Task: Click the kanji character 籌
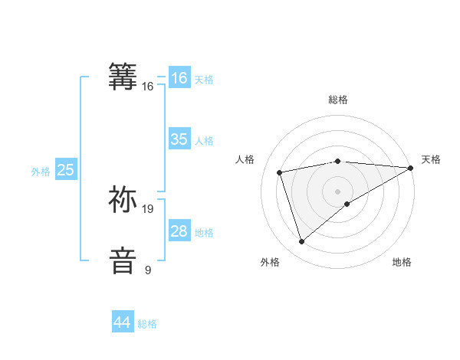tap(123, 77)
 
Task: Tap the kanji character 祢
tap(123, 199)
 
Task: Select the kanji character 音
tap(123, 260)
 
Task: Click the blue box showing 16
tap(179, 78)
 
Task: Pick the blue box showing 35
tap(179, 139)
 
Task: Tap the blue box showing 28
tap(179, 231)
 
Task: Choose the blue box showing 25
tap(65, 170)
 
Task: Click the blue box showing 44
tap(122, 322)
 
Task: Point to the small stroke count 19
tap(149, 209)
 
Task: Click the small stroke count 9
tap(148, 270)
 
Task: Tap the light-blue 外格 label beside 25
tap(41, 172)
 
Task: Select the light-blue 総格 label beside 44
tap(147, 324)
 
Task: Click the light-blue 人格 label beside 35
tap(204, 140)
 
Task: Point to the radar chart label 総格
tap(338, 100)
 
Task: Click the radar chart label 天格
tap(432, 159)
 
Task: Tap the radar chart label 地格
tap(402, 263)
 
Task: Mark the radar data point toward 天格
tap(411, 168)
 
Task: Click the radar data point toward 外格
tap(301, 242)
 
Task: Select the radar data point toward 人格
tap(280, 172)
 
